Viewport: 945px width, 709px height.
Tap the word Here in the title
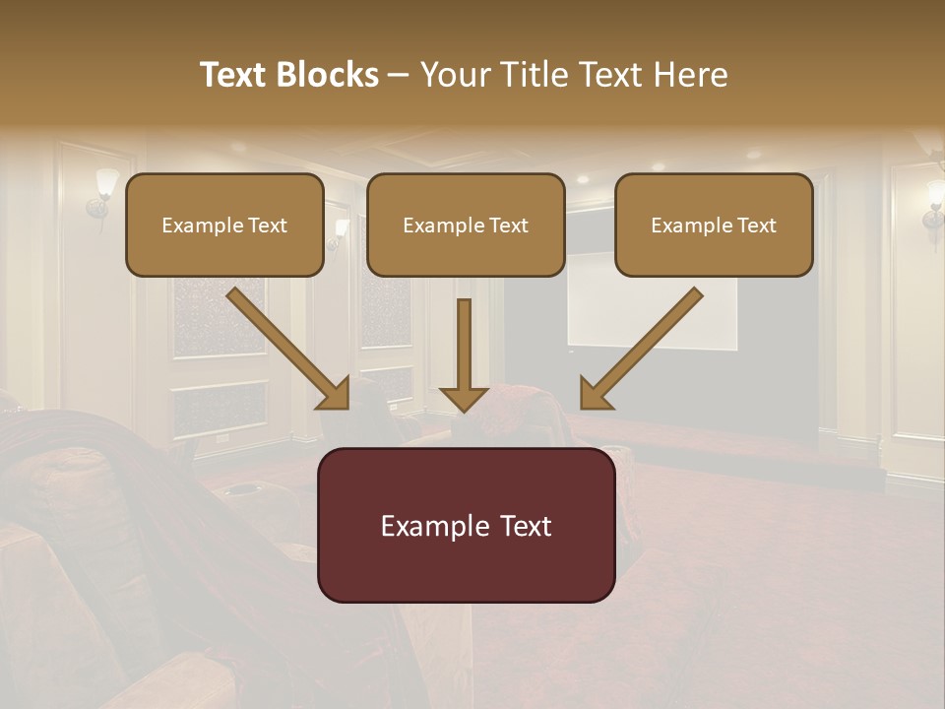pyautogui.click(x=688, y=75)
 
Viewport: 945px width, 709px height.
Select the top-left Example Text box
pyautogui.click(x=224, y=225)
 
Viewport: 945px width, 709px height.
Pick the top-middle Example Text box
pyautogui.click(x=466, y=225)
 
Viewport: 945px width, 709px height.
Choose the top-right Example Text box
pyautogui.click(x=714, y=225)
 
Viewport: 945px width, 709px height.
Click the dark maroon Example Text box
pyautogui.click(x=466, y=525)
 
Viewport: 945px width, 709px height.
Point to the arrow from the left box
pyautogui.click(x=285, y=346)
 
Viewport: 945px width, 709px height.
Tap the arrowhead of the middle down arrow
pyautogui.click(x=464, y=396)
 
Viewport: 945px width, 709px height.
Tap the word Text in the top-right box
pyautogui.click(x=756, y=226)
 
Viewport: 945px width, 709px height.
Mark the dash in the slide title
pyautogui.click(x=399, y=75)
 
